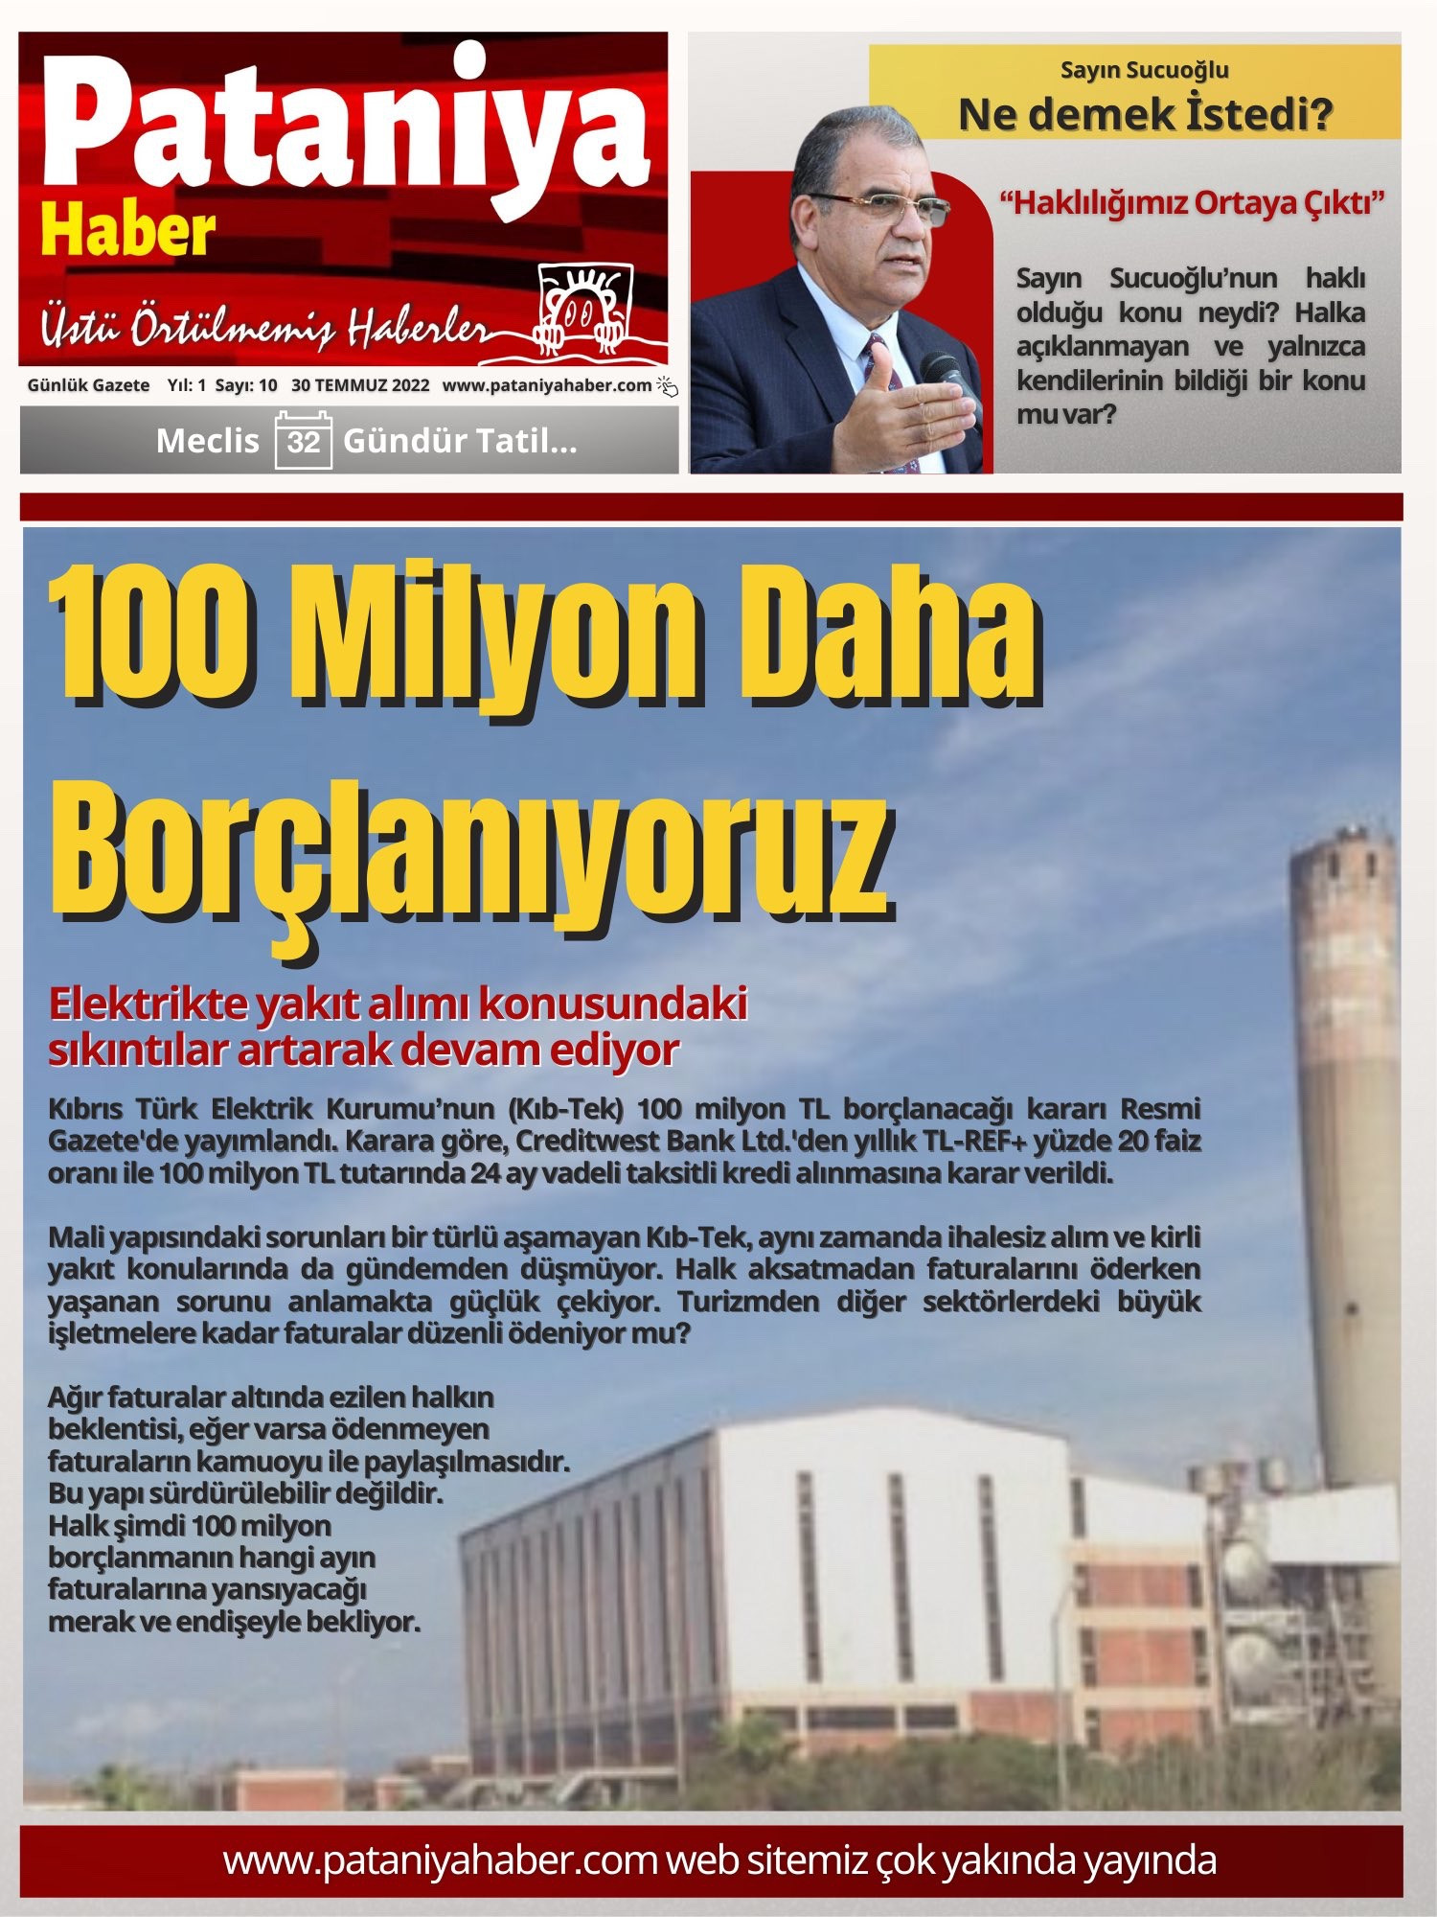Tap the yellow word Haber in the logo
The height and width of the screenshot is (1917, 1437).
[x=127, y=233]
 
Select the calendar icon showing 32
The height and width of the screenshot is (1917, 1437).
[x=303, y=440]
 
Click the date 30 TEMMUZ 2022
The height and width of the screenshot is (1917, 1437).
[x=360, y=385]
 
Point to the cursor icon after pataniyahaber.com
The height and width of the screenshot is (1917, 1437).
[x=667, y=386]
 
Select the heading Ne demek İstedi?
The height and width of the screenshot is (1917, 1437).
[x=1145, y=115]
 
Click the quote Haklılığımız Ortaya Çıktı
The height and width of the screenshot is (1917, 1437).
[x=1192, y=203]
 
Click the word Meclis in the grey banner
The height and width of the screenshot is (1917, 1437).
[x=207, y=441]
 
